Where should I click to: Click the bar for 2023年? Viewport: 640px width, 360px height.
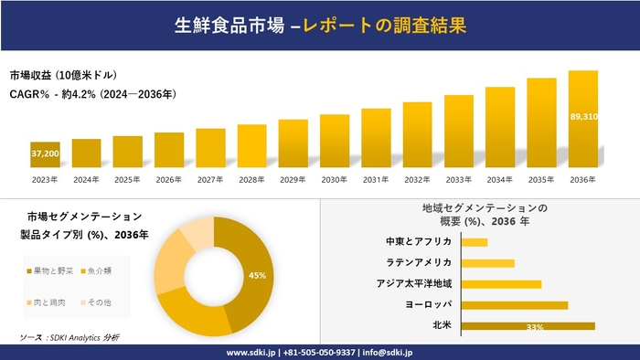(45, 156)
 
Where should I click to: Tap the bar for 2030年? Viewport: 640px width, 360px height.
(335, 143)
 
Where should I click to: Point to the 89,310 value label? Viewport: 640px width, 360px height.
(583, 117)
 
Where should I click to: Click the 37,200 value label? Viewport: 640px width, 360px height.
(45, 154)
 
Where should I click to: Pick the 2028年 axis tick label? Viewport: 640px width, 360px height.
(251, 179)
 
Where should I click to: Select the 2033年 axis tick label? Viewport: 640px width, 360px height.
(458, 179)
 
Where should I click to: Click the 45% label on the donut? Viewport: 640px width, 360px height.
(257, 275)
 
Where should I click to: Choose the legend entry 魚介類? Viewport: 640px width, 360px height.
(97, 271)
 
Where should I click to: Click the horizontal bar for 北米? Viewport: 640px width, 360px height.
(528, 326)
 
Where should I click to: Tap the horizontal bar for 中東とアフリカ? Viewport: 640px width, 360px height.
(475, 242)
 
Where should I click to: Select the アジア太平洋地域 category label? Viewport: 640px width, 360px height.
(413, 284)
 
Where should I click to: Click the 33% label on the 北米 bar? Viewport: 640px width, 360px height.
(535, 327)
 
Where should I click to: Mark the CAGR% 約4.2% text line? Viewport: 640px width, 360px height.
(92, 94)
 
